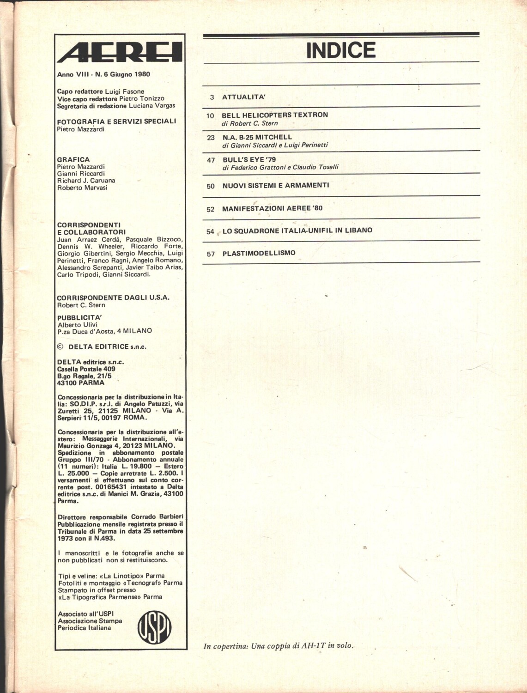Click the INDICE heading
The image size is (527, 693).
(x=341, y=50)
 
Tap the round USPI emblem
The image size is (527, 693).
(x=155, y=628)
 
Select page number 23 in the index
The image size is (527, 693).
(x=211, y=138)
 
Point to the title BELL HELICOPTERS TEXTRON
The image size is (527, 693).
(x=275, y=115)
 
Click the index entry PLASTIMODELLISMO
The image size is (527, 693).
(x=259, y=253)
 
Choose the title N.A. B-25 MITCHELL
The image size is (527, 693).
(x=257, y=137)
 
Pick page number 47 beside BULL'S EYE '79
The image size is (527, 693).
(x=211, y=160)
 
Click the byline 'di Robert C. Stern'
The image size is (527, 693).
(x=249, y=123)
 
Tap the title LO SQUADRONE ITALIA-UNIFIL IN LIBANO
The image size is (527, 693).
(x=297, y=230)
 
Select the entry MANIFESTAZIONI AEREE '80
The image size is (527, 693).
(x=272, y=208)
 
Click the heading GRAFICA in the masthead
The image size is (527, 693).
(x=73, y=159)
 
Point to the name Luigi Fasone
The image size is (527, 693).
(x=125, y=91)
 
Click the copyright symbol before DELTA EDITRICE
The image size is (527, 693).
(x=60, y=346)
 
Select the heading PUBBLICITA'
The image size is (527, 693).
(x=79, y=318)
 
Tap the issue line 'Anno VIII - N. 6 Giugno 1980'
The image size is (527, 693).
(x=103, y=74)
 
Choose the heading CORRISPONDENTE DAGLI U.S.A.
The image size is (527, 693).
(x=113, y=298)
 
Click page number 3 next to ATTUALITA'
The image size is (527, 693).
(x=212, y=97)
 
